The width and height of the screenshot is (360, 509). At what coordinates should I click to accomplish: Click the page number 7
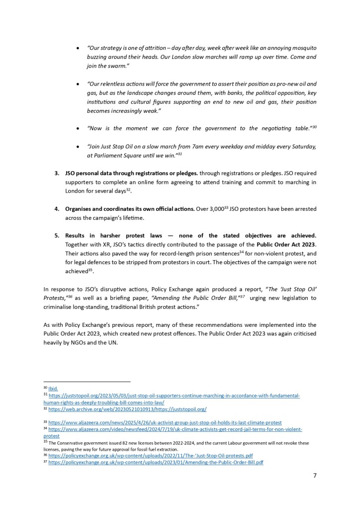314,475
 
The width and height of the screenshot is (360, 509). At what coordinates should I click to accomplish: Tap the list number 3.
56,173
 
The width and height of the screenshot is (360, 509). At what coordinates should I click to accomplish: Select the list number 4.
56,209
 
